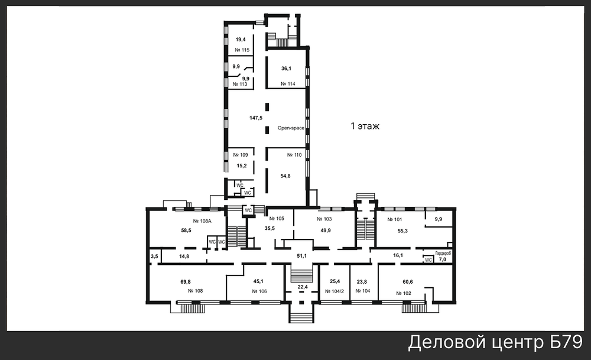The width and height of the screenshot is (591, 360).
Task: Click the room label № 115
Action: pos(242,50)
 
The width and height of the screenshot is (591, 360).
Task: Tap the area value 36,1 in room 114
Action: pos(286,69)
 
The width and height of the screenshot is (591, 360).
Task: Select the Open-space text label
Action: pos(291,128)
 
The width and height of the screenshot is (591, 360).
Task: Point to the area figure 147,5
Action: pos(256,118)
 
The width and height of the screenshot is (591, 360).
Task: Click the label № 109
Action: pos(241,154)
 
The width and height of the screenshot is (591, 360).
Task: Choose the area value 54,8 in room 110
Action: pos(285,176)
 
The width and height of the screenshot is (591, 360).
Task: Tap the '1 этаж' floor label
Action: pos(365,126)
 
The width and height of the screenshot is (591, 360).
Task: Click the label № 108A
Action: pos(202,221)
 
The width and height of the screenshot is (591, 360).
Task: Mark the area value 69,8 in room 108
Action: pos(186,281)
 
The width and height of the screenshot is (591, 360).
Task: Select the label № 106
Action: pos(259,291)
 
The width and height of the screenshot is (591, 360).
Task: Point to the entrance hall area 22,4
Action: pos(303,287)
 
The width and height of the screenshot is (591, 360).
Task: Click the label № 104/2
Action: pos(335,291)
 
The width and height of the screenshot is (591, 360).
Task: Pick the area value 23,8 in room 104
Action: pos(362,281)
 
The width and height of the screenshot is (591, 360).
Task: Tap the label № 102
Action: pos(404,293)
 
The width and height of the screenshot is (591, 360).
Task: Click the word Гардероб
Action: pos(443,254)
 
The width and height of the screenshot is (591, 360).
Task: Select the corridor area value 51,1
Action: pos(301,255)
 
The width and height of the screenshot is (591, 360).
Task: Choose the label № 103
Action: pos(324,219)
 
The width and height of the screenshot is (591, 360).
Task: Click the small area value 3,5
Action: pos(154,257)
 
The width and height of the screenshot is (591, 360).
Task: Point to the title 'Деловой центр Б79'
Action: pos(495,343)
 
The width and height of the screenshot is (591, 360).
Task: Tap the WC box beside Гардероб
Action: pos(428,260)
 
